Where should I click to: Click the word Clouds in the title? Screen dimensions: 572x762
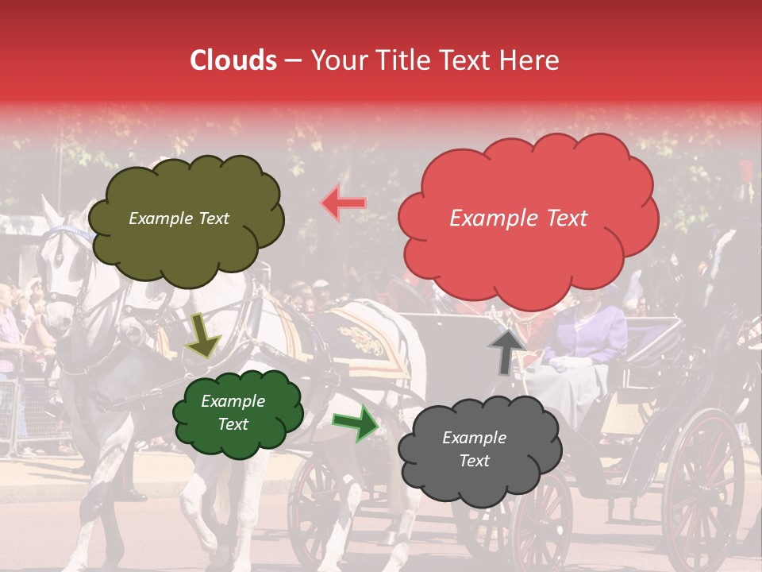(x=233, y=60)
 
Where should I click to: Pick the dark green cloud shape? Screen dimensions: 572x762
(x=237, y=412)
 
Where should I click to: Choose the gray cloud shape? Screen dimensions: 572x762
(x=474, y=450)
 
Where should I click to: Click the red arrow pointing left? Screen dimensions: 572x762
(x=344, y=203)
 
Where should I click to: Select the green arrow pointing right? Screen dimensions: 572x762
(x=356, y=424)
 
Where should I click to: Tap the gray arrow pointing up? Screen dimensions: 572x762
(x=506, y=350)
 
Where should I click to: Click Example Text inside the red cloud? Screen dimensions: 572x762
(x=518, y=218)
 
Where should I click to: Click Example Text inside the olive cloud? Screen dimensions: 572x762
(x=179, y=218)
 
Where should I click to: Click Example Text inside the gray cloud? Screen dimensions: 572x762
(x=474, y=449)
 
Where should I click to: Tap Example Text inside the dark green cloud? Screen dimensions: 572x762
(x=233, y=412)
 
